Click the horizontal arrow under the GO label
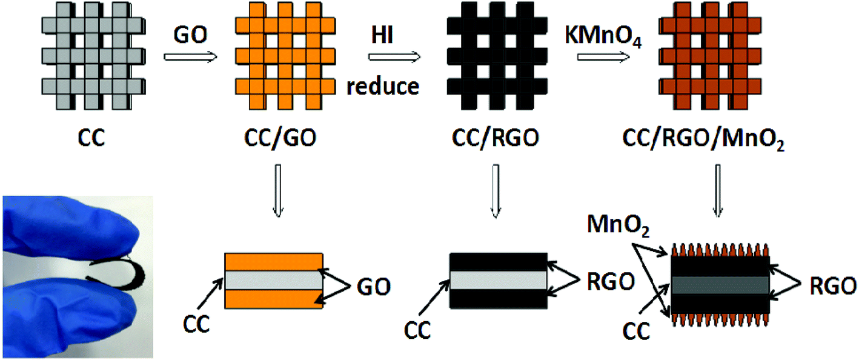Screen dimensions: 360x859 [190, 58]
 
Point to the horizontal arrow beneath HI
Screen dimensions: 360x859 [394, 58]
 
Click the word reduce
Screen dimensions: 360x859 [383, 86]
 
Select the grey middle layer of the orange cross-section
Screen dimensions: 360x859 [273, 280]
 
